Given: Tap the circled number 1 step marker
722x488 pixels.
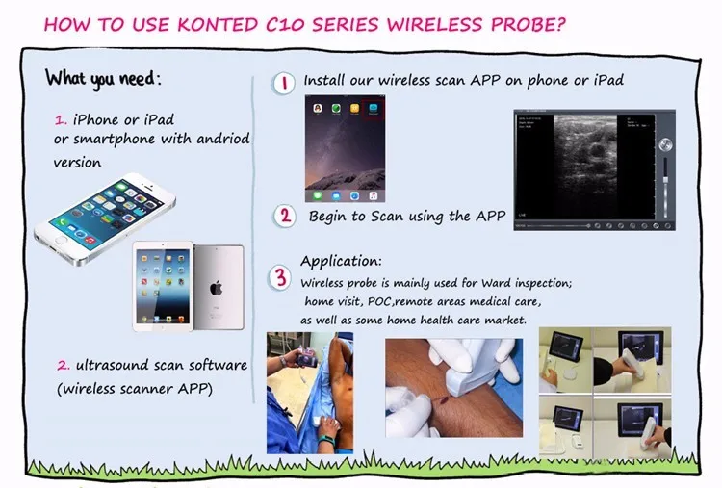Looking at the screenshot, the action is click(x=284, y=84).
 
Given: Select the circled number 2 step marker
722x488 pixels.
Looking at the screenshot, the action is click(x=285, y=216).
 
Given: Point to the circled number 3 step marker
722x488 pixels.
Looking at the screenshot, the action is click(x=280, y=277).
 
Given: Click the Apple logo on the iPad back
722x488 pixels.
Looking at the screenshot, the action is click(x=217, y=289).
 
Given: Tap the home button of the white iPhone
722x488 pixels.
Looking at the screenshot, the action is click(x=61, y=240).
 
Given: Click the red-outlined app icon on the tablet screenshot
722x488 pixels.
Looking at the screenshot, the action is click(x=373, y=109).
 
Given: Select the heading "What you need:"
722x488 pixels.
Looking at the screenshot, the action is click(x=104, y=79).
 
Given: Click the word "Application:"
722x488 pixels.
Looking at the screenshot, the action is click(x=341, y=261).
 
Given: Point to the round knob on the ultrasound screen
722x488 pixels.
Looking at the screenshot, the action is click(x=665, y=145).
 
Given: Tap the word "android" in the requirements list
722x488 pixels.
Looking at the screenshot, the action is click(x=223, y=138).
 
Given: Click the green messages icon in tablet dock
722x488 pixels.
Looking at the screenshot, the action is click(x=318, y=196).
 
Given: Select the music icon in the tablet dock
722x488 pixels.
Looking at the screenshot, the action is click(x=373, y=196).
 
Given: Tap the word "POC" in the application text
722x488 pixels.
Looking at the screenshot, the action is click(x=380, y=301).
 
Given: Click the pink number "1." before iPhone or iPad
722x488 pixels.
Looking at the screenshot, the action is click(x=61, y=120).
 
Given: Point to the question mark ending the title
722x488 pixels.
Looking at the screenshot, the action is click(x=560, y=24).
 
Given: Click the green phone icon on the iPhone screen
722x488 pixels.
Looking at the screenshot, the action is click(x=62, y=222).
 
